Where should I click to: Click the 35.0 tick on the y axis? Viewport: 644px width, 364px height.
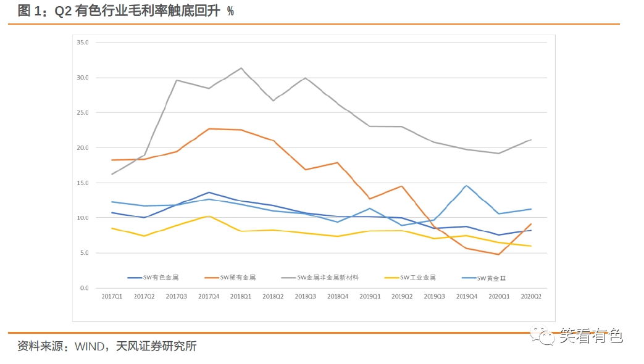83,43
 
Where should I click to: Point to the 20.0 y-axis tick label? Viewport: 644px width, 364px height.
83,148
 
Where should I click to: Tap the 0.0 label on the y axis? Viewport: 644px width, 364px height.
84,288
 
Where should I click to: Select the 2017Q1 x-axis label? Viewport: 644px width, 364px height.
112,297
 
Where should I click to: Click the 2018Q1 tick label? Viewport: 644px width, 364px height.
241,297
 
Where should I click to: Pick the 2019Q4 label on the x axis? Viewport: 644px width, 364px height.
466,297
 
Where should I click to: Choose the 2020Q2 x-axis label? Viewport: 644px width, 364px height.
530,297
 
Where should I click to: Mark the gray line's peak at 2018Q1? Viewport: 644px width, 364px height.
241,68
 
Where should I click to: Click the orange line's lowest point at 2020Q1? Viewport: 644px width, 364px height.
498,254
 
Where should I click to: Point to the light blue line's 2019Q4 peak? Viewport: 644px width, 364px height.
466,186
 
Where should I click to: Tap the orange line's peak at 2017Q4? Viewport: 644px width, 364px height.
209,128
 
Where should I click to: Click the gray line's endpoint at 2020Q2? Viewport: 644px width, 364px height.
531,140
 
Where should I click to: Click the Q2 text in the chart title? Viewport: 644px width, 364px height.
64,11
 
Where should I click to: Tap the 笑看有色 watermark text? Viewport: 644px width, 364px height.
591,336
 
